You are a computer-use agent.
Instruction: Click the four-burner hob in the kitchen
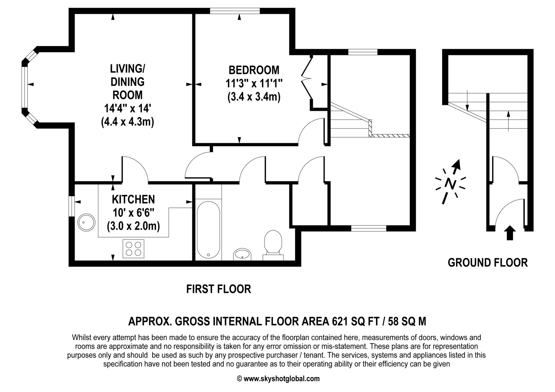pyautogui.click(x=133, y=249)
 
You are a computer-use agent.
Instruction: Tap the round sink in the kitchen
pyautogui.click(x=86, y=222)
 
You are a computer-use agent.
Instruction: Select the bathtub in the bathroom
pyautogui.click(x=208, y=230)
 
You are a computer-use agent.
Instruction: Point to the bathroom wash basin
pyautogui.click(x=242, y=254)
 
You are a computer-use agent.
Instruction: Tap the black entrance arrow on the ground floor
pyautogui.click(x=510, y=233)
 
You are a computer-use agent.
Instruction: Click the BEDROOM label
pyautogui.click(x=254, y=70)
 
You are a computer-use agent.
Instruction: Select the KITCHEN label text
pyautogui.click(x=133, y=200)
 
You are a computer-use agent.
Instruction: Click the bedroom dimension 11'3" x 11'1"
pyautogui.click(x=254, y=84)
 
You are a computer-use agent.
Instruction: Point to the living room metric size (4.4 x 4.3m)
pyautogui.click(x=127, y=122)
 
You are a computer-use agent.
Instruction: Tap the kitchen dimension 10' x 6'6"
pyautogui.click(x=133, y=213)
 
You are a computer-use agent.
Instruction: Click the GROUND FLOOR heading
pyautogui.click(x=488, y=263)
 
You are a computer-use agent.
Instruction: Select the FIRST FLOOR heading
pyautogui.click(x=218, y=289)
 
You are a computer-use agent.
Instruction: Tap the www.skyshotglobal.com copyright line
pyautogui.click(x=278, y=379)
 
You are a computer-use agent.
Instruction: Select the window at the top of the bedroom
pyautogui.click(x=235, y=11)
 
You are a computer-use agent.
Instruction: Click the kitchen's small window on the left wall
pyautogui.click(x=71, y=206)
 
